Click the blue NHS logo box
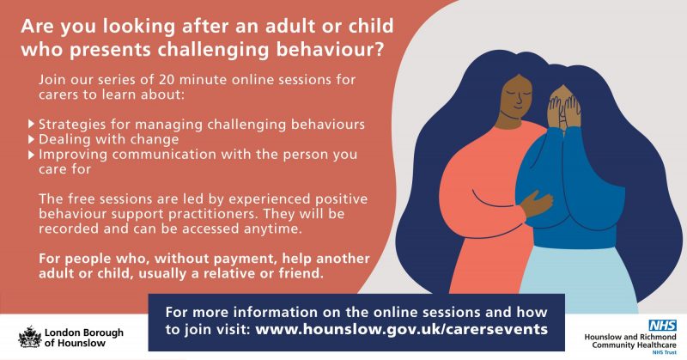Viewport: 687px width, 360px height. click(662, 326)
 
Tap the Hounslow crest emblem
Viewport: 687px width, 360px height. click(30, 337)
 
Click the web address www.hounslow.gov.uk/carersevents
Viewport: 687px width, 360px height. click(401, 329)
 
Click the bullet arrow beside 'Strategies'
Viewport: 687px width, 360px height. click(31, 124)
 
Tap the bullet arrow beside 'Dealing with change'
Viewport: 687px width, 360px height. click(31, 139)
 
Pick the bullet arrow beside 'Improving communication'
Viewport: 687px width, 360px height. click(31, 155)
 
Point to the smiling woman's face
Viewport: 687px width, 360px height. click(517, 96)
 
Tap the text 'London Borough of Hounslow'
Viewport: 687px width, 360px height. click(83, 338)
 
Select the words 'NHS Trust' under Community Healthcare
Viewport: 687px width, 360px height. click(664, 352)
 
